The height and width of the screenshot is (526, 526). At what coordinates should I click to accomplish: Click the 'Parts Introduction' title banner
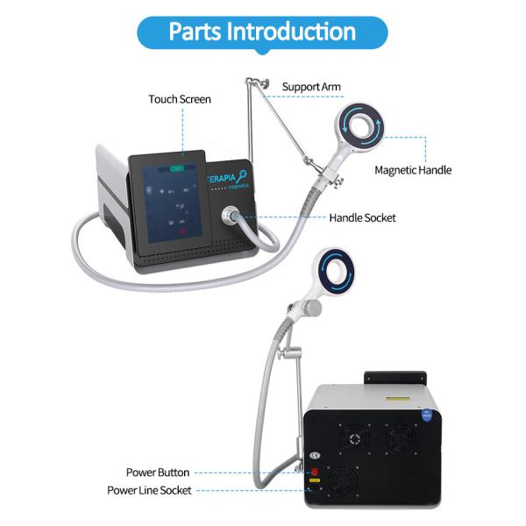point(262,32)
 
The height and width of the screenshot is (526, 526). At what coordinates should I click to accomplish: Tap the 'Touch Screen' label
point(180,99)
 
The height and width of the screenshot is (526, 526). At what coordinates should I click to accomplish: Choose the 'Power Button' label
point(157,473)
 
